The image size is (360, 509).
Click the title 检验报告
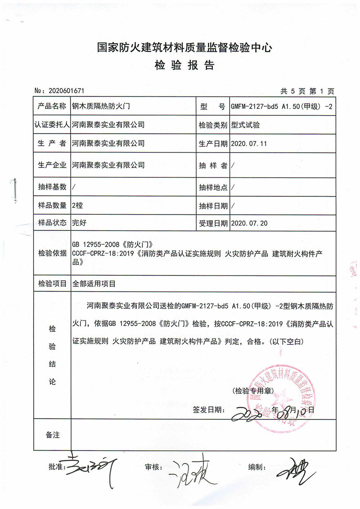(184, 66)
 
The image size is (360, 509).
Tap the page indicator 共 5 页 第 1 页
(307, 91)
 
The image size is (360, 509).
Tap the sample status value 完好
(79, 222)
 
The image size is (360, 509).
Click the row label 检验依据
(52, 253)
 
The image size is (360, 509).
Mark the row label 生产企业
(52, 165)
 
